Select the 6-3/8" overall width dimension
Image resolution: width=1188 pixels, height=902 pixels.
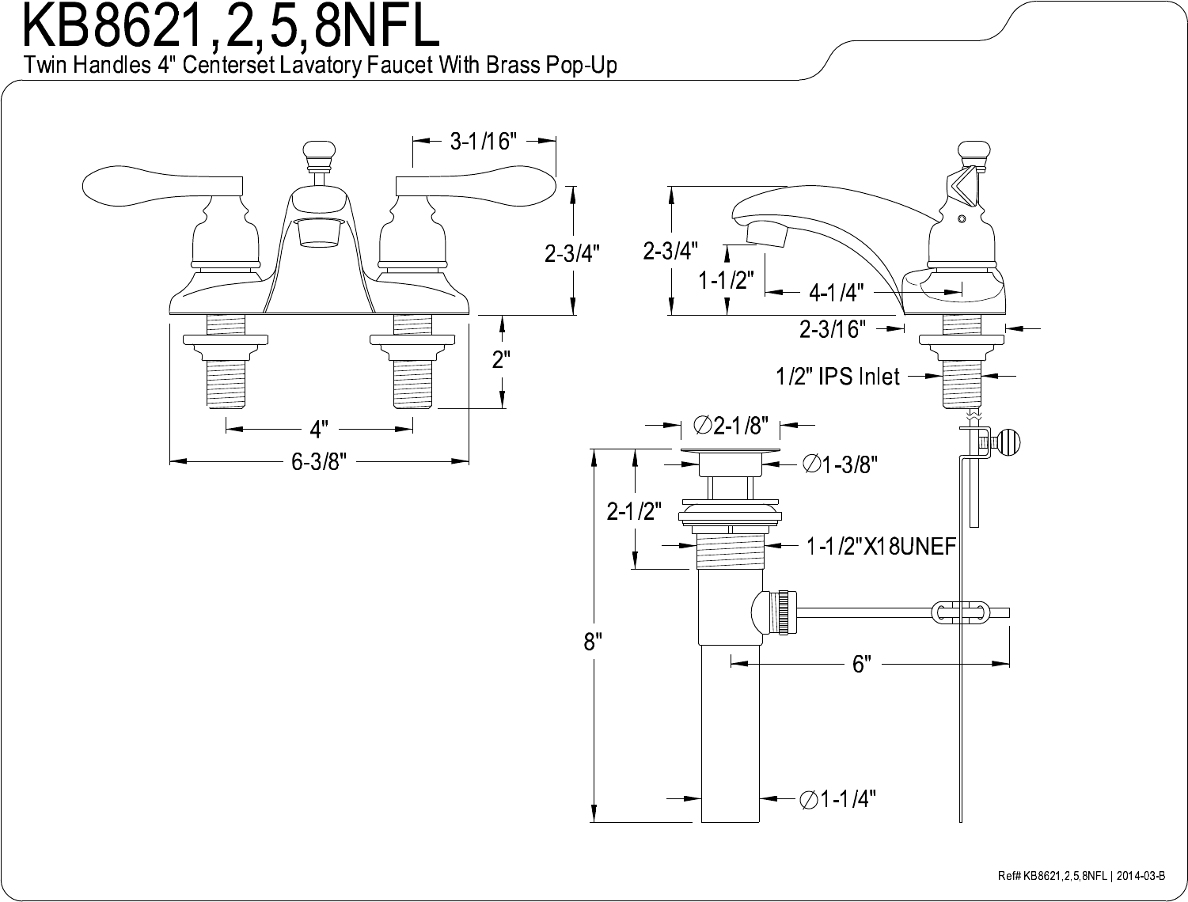[319, 461]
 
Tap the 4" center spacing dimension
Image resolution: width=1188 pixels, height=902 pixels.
[319, 430]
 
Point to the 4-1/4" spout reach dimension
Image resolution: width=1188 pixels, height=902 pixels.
[837, 293]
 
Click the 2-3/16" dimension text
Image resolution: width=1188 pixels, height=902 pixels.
[833, 329]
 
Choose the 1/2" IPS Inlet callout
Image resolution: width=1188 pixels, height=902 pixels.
[837, 376]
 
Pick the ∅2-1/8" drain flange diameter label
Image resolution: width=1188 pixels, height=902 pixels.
[731, 426]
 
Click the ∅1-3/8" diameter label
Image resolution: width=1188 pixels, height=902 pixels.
[840, 464]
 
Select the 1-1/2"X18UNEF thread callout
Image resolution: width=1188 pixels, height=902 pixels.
[881, 547]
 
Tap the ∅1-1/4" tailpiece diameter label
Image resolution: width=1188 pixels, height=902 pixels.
[837, 798]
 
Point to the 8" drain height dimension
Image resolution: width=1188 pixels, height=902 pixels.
[593, 642]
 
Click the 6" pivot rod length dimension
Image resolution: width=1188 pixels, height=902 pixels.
[862, 664]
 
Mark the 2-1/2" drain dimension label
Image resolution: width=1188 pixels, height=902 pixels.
[634, 511]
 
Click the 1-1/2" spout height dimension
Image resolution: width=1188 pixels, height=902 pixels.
[726, 280]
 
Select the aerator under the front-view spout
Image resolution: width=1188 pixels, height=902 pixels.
[319, 233]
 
